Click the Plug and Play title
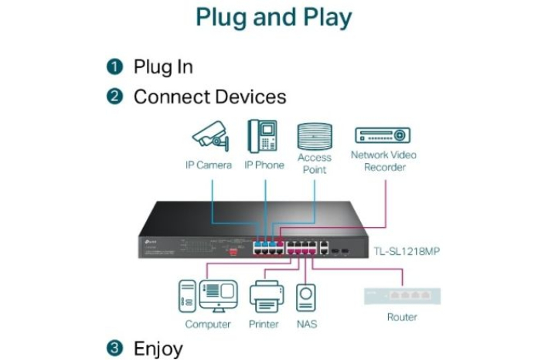[x=274, y=18]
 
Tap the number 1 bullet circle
[x=114, y=66]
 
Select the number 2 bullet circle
[x=114, y=97]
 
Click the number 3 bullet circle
[x=114, y=348]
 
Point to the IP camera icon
[x=209, y=136]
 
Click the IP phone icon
[x=263, y=135]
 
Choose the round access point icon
[x=315, y=135]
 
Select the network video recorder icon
[x=383, y=135]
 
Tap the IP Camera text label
[x=208, y=165]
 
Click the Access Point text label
[x=315, y=163]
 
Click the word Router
[x=401, y=317]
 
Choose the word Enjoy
[x=158, y=348]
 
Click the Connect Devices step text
[x=209, y=97]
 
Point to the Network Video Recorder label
[x=383, y=161]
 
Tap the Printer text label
[x=264, y=324]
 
